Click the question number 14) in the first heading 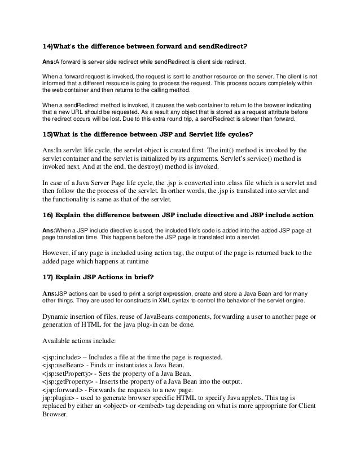(x=50, y=46)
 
